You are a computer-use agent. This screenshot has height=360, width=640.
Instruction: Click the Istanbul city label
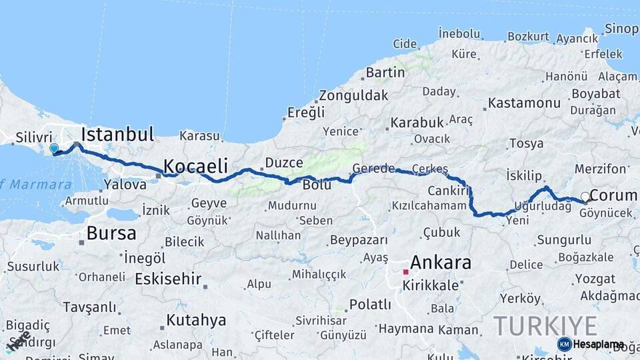click(117, 133)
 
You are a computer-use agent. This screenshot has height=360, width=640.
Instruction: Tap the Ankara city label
click(441, 262)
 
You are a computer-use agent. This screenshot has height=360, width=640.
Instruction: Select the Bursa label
click(111, 233)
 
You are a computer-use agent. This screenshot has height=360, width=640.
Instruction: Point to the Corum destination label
click(614, 195)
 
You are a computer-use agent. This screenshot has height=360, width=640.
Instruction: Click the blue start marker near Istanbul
click(54, 148)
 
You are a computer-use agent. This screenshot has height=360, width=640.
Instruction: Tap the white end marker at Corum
click(585, 196)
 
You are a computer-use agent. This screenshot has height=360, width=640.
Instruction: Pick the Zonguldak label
click(353, 95)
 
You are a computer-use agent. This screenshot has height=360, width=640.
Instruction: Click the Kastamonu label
click(524, 103)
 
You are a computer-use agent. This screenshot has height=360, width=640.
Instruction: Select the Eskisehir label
click(168, 279)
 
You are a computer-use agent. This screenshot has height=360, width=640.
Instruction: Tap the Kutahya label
click(196, 320)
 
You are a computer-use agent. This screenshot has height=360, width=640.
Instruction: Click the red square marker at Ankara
click(405, 272)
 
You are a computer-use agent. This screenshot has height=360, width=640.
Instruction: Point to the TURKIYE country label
click(545, 326)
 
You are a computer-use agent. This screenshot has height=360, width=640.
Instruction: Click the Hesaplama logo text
click(599, 344)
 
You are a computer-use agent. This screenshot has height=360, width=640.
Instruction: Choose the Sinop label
click(621, 29)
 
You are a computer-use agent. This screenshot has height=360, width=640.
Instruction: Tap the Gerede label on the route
click(374, 168)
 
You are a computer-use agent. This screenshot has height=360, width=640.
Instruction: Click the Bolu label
click(317, 185)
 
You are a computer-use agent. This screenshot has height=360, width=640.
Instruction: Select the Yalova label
click(125, 185)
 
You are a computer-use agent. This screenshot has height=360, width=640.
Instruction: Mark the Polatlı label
click(370, 305)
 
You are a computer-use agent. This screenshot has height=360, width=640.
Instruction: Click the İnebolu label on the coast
click(459, 33)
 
